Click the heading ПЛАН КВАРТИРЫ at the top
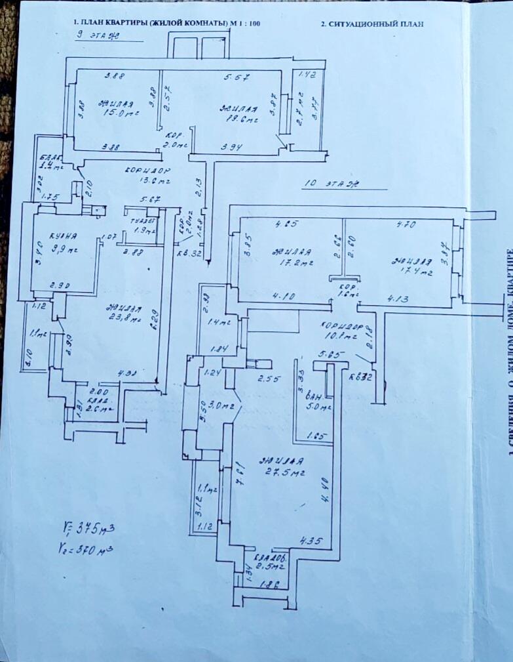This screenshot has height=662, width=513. (166, 23)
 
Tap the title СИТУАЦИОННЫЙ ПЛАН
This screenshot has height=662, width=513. (371, 24)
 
